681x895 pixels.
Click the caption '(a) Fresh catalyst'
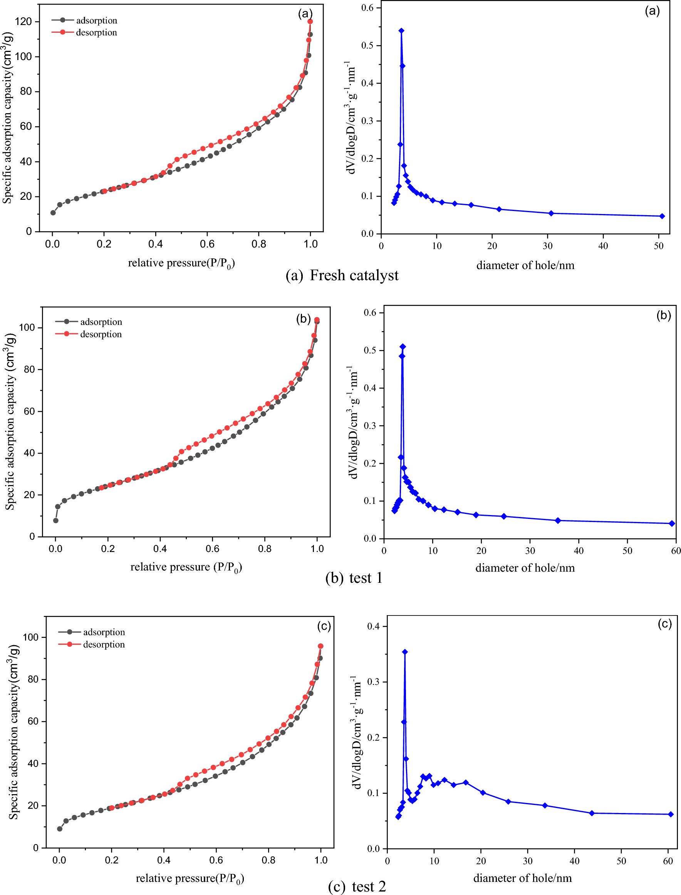(342, 276)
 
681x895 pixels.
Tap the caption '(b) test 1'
(354, 578)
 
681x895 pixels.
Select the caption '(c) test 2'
(356, 886)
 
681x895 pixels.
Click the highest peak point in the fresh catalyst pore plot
(401, 31)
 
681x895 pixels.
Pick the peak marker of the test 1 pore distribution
(403, 347)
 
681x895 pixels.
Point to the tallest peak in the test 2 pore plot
(404, 652)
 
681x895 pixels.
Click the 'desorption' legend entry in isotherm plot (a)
(96, 32)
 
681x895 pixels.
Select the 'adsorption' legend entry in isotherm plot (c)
(104, 632)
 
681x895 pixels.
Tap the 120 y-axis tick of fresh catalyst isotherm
(23, 22)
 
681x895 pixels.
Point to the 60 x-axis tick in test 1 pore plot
(676, 550)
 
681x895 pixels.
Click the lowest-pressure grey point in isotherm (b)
(55, 520)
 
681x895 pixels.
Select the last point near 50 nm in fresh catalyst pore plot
(662, 216)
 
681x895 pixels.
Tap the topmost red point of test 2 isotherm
(320, 646)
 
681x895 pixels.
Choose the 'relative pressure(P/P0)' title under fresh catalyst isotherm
(181, 263)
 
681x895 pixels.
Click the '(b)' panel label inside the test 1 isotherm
(303, 319)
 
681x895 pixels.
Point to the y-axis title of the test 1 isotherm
(10, 422)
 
